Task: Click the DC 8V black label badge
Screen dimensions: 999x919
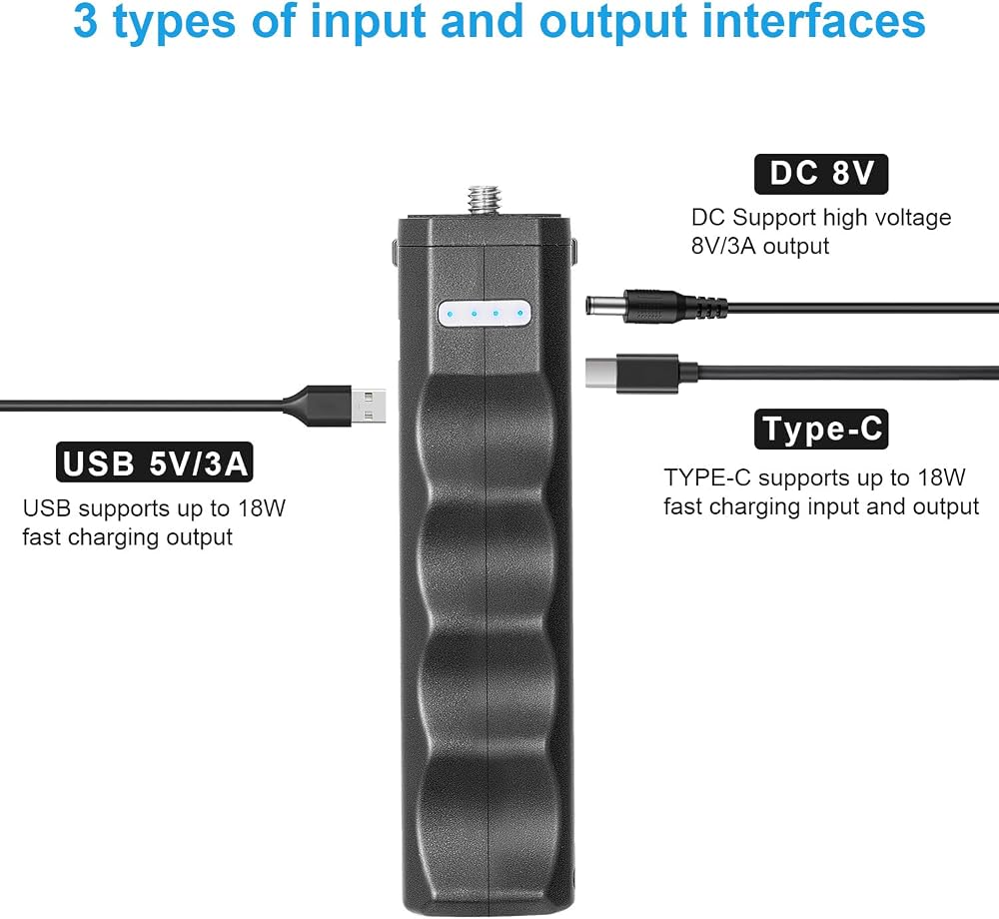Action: [820, 174]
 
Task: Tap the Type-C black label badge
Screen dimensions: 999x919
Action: [820, 430]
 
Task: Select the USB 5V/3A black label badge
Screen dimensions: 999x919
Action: [155, 462]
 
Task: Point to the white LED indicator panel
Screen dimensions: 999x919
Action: [485, 314]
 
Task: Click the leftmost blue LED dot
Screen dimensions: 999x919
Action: [451, 315]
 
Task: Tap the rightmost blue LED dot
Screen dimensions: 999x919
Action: [519, 314]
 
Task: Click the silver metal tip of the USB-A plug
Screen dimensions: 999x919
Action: [369, 407]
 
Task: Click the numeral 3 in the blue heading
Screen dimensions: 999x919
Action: [86, 20]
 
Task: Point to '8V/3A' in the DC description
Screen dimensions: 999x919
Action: [723, 246]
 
